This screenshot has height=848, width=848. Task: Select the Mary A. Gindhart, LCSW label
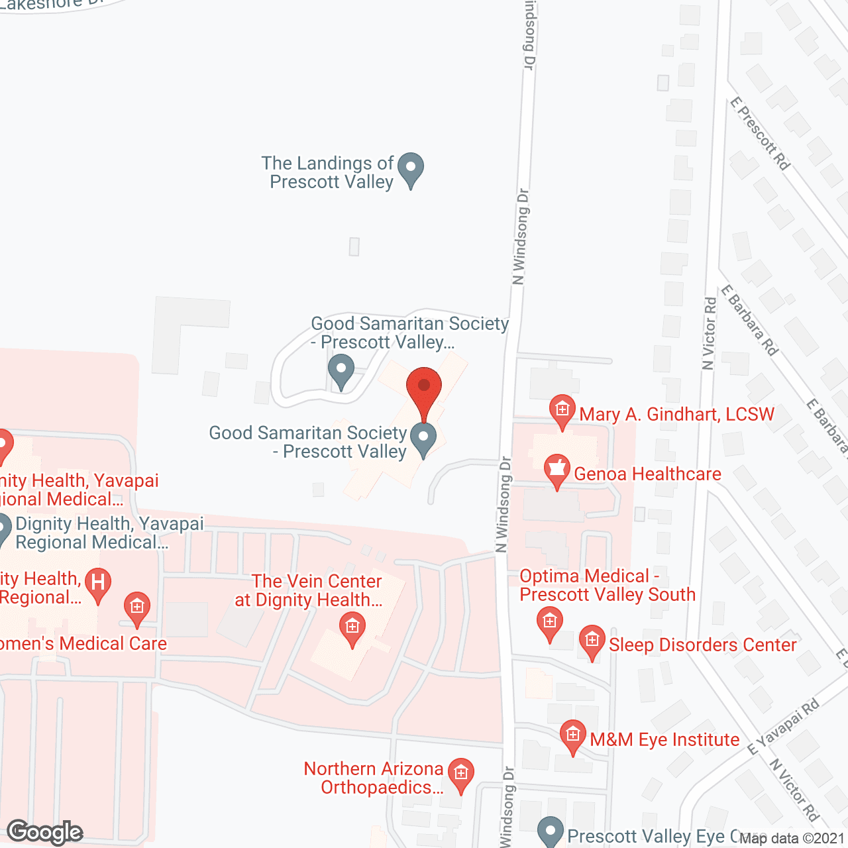(x=676, y=414)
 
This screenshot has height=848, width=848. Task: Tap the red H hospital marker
(x=98, y=584)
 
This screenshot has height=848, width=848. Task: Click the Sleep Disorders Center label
(x=702, y=645)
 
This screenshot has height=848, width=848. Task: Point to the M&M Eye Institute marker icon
(x=572, y=735)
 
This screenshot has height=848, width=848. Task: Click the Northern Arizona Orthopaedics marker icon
(x=460, y=773)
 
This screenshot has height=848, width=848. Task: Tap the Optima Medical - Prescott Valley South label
(x=608, y=585)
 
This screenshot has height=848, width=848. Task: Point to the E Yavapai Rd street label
(x=783, y=727)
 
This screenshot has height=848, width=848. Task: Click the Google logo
(x=45, y=832)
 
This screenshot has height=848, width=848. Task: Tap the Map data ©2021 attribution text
(x=792, y=838)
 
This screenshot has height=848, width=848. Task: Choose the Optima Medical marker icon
(x=549, y=622)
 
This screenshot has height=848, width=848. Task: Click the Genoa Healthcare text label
(x=647, y=474)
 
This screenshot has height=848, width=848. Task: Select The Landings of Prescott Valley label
(x=328, y=172)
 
